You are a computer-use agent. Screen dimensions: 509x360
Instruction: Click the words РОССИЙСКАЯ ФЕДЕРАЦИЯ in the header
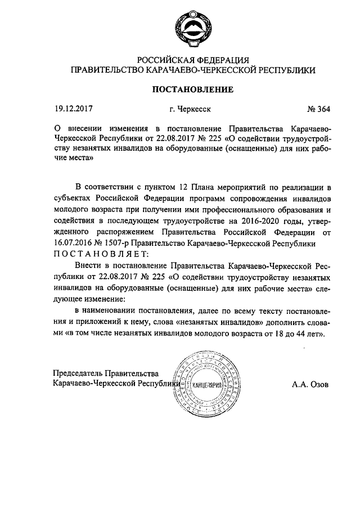click(193, 60)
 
